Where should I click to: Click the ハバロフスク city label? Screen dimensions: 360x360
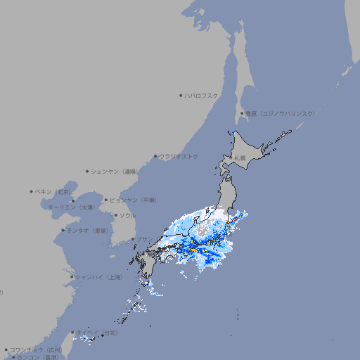pos(202,95)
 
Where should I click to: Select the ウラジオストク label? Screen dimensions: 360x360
pos(179,156)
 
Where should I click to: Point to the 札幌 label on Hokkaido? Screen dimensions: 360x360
pos(240,157)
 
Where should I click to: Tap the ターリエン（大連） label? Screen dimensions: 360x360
pos(71,207)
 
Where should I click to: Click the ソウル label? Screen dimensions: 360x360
pos(127,215)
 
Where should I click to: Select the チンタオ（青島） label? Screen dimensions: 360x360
pos(88,231)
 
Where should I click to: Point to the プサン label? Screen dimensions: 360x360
pos(143,240)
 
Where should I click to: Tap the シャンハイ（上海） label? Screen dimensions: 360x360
pos(99,277)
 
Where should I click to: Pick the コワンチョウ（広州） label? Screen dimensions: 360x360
pos(36,349)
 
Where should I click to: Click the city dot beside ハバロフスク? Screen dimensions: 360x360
pos(181,95)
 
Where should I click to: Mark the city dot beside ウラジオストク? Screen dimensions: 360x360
pos(155,156)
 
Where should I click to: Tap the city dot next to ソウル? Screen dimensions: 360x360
pos(115,215)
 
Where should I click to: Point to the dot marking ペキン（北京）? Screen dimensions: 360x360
pos(32,191)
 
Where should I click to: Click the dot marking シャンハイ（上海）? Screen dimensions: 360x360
pos(72,277)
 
